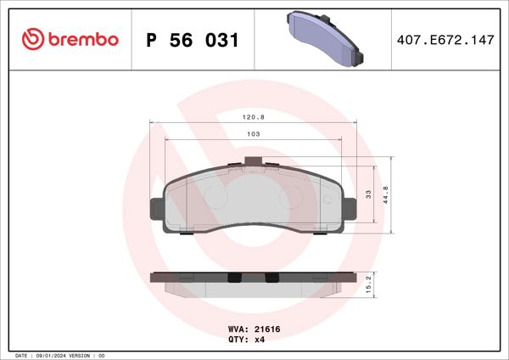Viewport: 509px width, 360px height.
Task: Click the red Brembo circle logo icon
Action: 31,39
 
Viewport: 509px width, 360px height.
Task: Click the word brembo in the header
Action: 81,40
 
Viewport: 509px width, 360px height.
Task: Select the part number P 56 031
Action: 193,40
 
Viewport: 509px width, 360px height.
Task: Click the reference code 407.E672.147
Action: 445,40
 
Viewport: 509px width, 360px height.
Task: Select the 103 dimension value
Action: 252,133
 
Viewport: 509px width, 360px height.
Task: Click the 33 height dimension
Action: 368,194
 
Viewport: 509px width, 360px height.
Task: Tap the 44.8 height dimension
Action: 385,194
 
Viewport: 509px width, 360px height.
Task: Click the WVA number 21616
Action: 255,327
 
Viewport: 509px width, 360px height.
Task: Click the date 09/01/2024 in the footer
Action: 53,355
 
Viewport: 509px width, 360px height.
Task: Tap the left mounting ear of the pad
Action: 156,208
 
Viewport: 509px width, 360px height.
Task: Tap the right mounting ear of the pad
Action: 349,208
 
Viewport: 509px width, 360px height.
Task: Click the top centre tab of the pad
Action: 252,162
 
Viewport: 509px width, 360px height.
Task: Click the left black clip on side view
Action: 237,278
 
